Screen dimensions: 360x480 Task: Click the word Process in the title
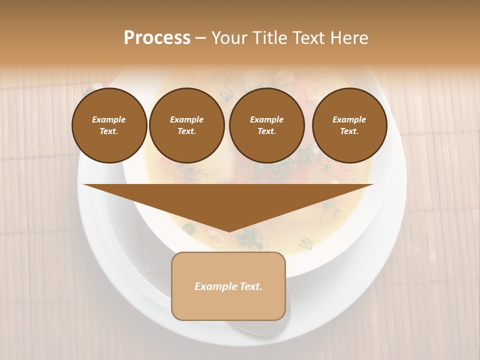(x=157, y=38)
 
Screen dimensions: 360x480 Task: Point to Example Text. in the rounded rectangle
(x=228, y=286)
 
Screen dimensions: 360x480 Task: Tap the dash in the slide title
(x=200, y=38)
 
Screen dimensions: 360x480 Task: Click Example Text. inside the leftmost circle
(x=109, y=125)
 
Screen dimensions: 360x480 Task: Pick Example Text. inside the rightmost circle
(x=349, y=125)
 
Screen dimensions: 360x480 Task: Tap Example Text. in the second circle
(x=186, y=125)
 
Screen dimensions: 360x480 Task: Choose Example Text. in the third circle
(x=266, y=125)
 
